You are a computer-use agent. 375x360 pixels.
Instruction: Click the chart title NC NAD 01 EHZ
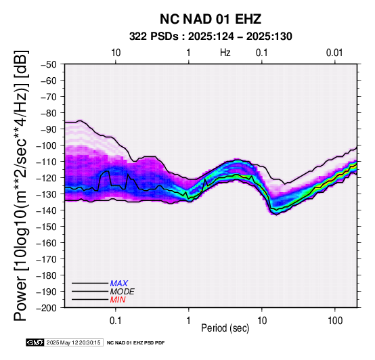tap(211, 19)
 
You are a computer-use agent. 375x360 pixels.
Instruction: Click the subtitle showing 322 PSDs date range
tap(211, 37)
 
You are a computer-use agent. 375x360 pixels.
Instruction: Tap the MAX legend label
tap(119, 284)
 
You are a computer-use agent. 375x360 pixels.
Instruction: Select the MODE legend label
tap(123, 292)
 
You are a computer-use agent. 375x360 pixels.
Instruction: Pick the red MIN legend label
tap(118, 300)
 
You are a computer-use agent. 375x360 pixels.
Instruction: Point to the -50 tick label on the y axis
tap(49, 64)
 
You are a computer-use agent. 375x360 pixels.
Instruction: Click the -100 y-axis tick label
tap(47, 145)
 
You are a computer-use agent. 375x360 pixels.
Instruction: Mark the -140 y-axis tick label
tap(47, 210)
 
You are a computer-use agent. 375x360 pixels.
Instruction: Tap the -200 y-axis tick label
tap(47, 308)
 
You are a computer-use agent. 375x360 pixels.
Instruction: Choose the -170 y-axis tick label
tap(47, 259)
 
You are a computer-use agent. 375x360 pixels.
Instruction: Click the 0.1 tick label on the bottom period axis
tap(116, 321)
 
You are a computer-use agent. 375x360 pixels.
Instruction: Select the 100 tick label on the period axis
tap(335, 321)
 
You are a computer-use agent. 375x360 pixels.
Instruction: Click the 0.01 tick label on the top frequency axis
tap(334, 53)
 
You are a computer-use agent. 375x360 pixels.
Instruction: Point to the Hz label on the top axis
tap(225, 53)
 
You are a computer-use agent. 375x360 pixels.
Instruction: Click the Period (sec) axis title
tap(225, 328)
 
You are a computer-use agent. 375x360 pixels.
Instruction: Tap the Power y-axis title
tap(21, 185)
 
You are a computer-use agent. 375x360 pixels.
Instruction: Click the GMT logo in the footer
tap(35, 343)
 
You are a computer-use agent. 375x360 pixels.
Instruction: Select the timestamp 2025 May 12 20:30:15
tap(73, 343)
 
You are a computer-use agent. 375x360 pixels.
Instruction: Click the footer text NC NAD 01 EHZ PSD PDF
tap(135, 343)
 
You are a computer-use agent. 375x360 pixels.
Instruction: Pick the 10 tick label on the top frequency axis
tap(116, 53)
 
